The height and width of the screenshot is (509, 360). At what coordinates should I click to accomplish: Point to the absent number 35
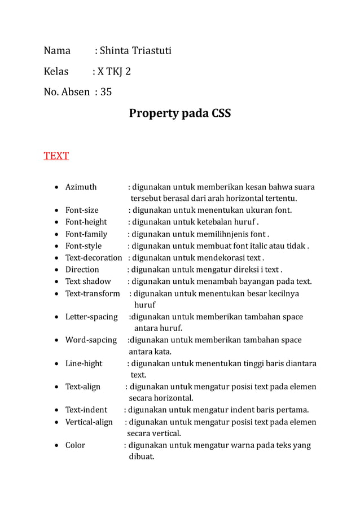[x=106, y=93]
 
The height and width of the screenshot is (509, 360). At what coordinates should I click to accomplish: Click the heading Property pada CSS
[x=180, y=113]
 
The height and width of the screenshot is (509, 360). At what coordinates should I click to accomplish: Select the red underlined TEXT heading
[x=56, y=156]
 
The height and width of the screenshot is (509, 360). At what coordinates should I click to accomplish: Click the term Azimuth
[x=81, y=187]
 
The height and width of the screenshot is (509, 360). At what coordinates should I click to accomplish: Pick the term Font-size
[x=82, y=210]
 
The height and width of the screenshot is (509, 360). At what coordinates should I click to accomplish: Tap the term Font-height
[x=86, y=222]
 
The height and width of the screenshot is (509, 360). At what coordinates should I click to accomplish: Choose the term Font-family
[x=86, y=234]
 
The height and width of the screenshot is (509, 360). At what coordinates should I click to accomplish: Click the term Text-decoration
[x=94, y=258]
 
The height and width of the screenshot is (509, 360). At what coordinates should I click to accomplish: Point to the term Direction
[x=82, y=270]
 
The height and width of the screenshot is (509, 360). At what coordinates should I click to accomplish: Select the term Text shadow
[x=88, y=282]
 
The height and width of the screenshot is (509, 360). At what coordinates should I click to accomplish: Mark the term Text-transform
[x=93, y=293]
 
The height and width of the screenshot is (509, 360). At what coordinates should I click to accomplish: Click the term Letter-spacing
[x=91, y=317]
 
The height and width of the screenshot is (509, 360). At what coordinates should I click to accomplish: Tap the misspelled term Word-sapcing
[x=91, y=340]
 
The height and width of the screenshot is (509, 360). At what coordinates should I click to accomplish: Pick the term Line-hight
[x=84, y=364]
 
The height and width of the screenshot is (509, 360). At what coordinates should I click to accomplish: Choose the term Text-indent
[x=86, y=410]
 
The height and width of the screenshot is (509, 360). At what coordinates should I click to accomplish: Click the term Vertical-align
[x=89, y=422]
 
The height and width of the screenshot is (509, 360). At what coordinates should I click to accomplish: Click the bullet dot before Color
[x=56, y=446]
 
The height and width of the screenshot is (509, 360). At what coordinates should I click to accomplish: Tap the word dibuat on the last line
[x=142, y=457]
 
